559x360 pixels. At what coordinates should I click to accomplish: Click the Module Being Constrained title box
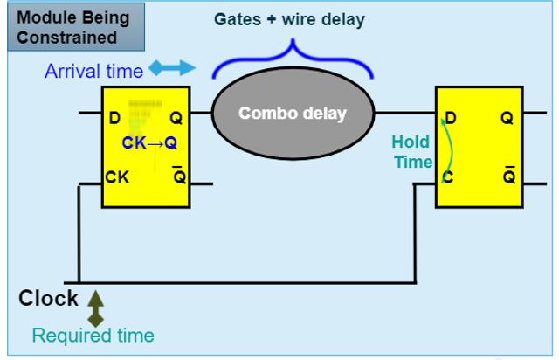[x=68, y=27]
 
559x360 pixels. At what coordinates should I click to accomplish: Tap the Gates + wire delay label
[x=290, y=19]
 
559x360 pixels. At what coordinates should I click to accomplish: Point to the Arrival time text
[x=94, y=71]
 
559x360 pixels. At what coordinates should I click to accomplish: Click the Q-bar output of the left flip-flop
[x=177, y=179]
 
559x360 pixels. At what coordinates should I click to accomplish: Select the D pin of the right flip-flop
[x=451, y=118]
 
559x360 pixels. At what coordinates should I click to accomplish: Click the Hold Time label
[x=411, y=152]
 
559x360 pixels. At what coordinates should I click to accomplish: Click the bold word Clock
[x=49, y=300]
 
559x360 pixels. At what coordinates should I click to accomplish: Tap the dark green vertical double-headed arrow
[x=95, y=309]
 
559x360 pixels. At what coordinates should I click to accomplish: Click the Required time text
[x=93, y=335]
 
